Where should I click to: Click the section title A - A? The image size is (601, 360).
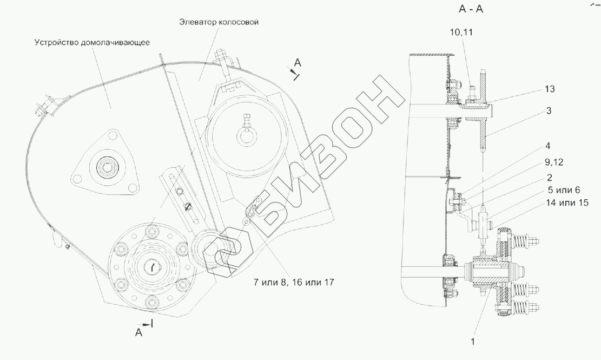click(471, 10)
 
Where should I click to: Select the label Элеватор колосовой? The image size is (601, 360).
click(219, 22)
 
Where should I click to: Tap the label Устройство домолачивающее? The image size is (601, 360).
click(92, 42)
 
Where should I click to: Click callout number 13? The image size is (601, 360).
click(550, 89)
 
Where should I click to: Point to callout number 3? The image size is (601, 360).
click(549, 111)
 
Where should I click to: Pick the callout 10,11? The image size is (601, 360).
click(461, 32)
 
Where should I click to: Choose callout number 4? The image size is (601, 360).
click(548, 146)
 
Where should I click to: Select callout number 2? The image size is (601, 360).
click(549, 178)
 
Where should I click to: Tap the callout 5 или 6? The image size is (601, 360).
click(563, 190)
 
